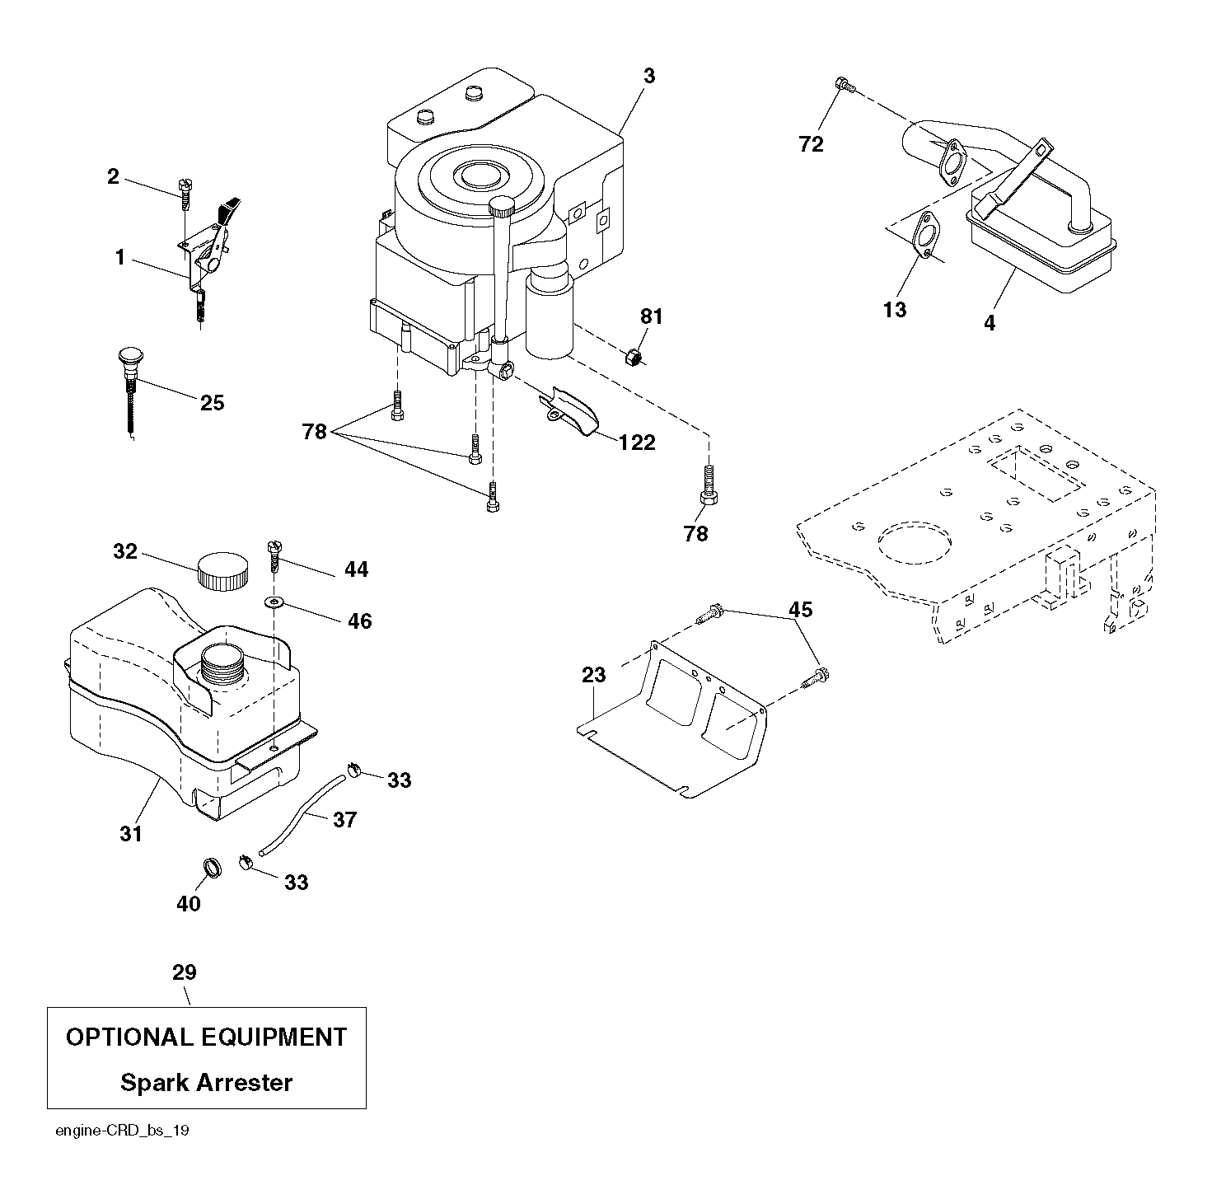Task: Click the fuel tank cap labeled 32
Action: tap(222, 569)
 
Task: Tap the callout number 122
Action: tap(638, 443)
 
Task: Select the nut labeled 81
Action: tap(632, 357)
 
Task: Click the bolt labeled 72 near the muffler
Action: tap(843, 83)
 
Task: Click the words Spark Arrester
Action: tap(206, 1082)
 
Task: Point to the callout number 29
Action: tap(185, 972)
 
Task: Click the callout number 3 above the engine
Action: tap(649, 77)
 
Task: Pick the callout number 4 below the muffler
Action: tap(989, 324)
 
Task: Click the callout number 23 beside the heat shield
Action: tap(593, 675)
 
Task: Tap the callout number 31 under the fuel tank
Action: tap(131, 834)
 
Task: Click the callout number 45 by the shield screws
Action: tap(800, 610)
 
